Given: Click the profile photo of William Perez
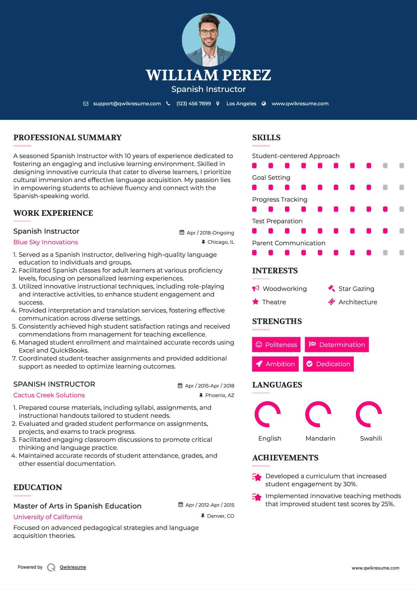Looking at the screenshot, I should (x=208, y=40).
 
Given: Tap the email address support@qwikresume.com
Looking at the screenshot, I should (x=127, y=103).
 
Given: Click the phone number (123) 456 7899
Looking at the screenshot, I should (x=194, y=103).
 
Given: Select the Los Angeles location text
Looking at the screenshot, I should (x=241, y=103).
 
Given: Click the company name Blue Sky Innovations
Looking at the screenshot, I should (x=46, y=242).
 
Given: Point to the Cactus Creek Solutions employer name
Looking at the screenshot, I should (x=49, y=395).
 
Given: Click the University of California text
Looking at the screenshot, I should (x=48, y=517).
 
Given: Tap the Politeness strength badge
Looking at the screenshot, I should (x=276, y=345).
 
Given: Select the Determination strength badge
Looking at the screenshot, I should (x=337, y=345).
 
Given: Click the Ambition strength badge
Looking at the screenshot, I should (x=275, y=364).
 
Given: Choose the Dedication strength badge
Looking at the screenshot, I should (x=328, y=364).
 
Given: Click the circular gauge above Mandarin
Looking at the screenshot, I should (x=318, y=414).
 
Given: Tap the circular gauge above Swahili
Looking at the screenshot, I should (x=369, y=414).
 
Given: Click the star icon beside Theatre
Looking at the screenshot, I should (x=255, y=302).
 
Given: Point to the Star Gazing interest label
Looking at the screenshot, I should (x=356, y=289).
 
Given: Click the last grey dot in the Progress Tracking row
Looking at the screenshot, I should (x=402, y=209).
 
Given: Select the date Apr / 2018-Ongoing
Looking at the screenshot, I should (x=210, y=233).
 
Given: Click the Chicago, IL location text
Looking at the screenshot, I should (x=221, y=242).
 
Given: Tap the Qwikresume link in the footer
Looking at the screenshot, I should (x=73, y=567).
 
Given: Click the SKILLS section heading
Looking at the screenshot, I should (x=266, y=138).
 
